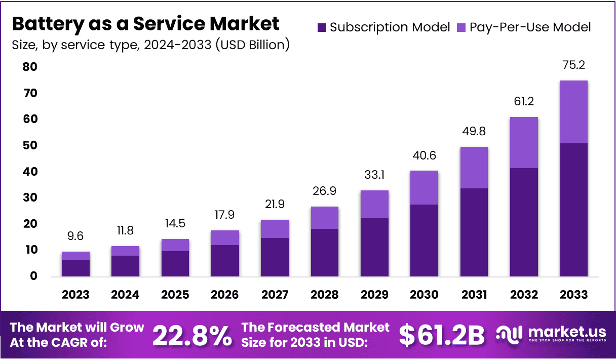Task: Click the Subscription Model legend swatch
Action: click(322, 27)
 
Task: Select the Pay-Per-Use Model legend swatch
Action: click(461, 27)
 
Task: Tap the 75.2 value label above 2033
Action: click(573, 65)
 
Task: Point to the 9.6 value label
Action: click(75, 236)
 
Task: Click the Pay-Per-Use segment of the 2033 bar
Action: click(573, 112)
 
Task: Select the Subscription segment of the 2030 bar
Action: click(424, 241)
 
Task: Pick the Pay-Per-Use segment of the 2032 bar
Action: click(524, 142)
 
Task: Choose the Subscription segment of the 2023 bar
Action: click(75, 268)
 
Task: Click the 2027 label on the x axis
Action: click(275, 295)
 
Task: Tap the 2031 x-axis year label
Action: click(474, 295)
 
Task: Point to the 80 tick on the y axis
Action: click(30, 67)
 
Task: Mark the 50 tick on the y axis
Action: click(30, 145)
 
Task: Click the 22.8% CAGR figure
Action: click(192, 335)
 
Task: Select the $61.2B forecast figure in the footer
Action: click(442, 335)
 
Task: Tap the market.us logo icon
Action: click(509, 334)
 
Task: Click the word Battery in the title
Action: click(45, 24)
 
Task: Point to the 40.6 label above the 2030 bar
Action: click(424, 155)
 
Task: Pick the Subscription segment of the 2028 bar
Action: click(325, 253)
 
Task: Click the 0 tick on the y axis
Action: click(33, 276)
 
